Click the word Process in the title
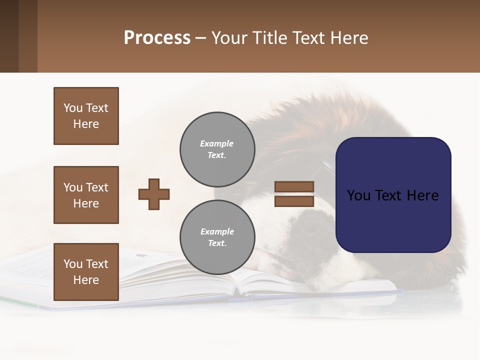157,38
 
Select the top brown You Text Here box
86,116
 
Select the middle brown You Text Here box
86,195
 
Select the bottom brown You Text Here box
86,272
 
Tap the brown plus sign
154,194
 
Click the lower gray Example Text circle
217,237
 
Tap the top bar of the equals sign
294,187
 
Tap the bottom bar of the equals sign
294,201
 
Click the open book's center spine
236,289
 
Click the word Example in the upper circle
217,143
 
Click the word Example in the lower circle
217,231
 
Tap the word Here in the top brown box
86,124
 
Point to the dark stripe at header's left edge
9,36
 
